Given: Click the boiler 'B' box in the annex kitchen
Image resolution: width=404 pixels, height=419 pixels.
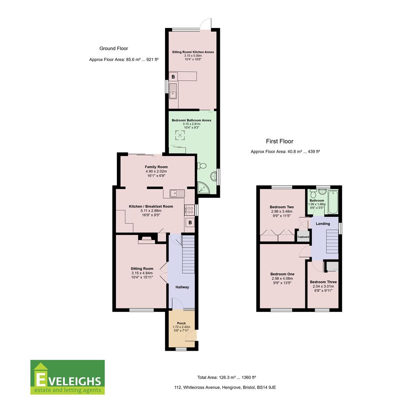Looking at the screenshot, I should (x=173, y=77).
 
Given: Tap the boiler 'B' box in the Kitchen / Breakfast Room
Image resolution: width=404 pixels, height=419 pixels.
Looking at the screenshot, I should (x=190, y=223).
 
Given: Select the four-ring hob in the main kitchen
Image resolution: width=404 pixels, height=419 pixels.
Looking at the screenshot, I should (x=190, y=210).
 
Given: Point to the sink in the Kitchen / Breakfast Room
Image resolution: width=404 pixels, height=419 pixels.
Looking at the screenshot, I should (x=178, y=192).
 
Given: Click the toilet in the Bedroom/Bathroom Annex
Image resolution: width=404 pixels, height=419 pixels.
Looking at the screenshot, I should (x=201, y=166).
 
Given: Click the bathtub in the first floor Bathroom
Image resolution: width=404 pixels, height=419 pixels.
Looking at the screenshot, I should (x=333, y=202).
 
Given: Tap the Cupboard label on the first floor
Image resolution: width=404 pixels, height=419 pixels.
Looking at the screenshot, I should (x=303, y=237).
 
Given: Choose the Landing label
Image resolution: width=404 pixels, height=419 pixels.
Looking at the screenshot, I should (x=322, y=223).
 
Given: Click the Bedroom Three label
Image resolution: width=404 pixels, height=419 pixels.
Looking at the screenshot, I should (x=323, y=282).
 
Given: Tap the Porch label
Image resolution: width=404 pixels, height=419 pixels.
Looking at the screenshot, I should (x=181, y=323).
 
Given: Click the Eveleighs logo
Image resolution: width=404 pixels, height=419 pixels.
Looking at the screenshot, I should (x=68, y=377).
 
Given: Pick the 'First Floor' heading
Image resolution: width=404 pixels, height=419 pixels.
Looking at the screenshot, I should (x=279, y=142).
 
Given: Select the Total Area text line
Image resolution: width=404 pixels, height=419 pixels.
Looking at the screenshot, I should (x=226, y=377).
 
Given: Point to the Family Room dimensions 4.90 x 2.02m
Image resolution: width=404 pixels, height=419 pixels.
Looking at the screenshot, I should (x=156, y=171).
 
